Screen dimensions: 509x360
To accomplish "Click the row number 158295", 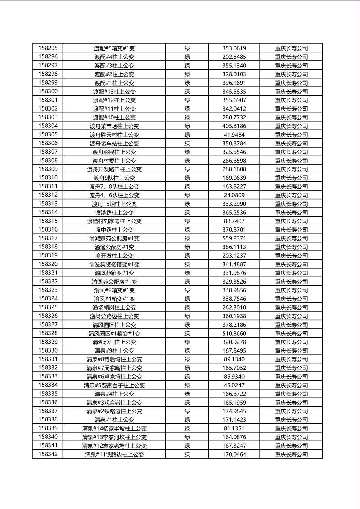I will tap(48, 48).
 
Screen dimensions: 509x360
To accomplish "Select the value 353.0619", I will tap(234, 48).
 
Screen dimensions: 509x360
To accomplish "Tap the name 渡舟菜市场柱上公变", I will tap(114, 126).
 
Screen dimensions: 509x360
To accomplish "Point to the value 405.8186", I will tap(234, 126).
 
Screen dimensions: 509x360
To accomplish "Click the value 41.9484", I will tap(234, 135).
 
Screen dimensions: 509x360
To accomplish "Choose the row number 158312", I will tap(48, 195).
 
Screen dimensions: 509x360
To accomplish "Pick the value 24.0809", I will tap(234, 195).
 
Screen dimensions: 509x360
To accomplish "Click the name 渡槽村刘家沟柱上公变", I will tap(114, 221).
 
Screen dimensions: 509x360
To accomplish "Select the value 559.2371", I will tap(234, 238).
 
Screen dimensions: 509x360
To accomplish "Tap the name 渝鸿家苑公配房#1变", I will tap(114, 238).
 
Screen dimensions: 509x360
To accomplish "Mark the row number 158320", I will tap(48, 264).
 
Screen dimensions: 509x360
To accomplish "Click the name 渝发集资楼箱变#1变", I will tap(114, 264).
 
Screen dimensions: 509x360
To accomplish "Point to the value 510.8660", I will tap(234, 334).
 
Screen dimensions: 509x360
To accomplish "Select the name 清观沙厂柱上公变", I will tap(114, 342).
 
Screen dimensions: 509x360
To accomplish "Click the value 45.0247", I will tap(234, 385).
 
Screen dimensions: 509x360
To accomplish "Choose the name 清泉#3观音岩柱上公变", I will tap(114, 403).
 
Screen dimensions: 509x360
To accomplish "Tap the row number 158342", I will tap(48, 454).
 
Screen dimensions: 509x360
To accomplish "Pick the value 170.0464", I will tap(234, 454).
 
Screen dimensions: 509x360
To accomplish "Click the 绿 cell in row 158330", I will tap(187, 350).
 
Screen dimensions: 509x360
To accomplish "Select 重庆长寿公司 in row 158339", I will tap(291, 428).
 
